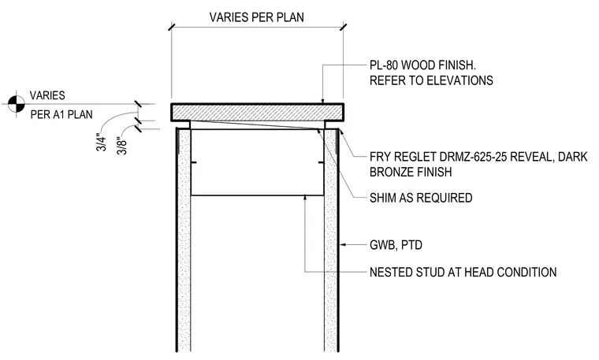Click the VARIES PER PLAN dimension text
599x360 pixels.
tap(256, 17)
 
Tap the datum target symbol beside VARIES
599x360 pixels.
tap(16, 103)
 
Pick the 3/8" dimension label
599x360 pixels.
tap(121, 146)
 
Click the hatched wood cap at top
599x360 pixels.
tap(258, 112)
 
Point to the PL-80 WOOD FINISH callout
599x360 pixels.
tap(422, 65)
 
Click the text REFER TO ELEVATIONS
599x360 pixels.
tap(431, 80)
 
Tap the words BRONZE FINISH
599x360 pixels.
tap(411, 173)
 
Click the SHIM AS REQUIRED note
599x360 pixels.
tap(421, 198)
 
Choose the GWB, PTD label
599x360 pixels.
tap(396, 245)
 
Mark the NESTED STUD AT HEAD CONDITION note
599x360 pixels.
tap(463, 273)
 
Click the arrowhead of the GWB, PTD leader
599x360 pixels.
tap(342, 244)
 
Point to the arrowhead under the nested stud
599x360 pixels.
tap(304, 199)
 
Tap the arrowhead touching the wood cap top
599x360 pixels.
tap(323, 101)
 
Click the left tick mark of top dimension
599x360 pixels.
tap(171, 27)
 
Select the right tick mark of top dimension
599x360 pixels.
tap(343, 27)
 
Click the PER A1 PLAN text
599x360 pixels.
tap(61, 114)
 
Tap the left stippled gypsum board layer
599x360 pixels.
tap(184, 240)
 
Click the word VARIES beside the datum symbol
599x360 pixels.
tap(47, 95)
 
